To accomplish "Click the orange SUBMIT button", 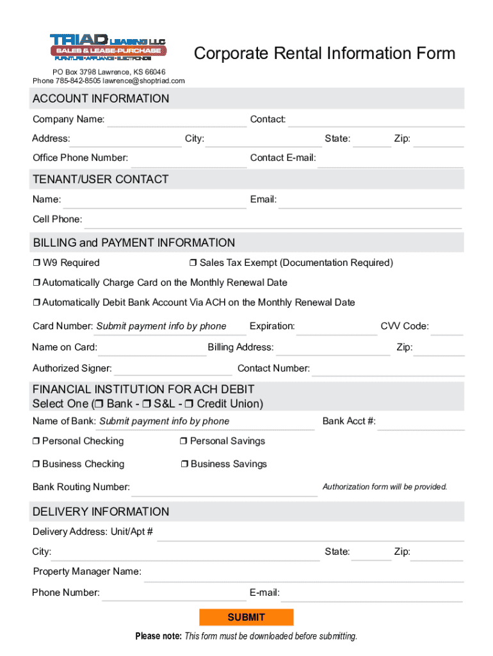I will pyautogui.click(x=247, y=617).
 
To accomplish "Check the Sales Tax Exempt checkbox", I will pyautogui.click(x=193, y=263).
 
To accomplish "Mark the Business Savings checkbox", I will pyautogui.click(x=184, y=464).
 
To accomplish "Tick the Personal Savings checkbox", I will pyautogui.click(x=184, y=441).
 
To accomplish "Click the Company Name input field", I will pyautogui.click(x=176, y=120).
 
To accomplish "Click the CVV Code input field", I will pyautogui.click(x=447, y=327).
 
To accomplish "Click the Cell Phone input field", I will pyautogui.click(x=273, y=220).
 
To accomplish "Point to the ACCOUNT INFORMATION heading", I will pyautogui.click(x=101, y=99).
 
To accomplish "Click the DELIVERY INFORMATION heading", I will pyautogui.click(x=101, y=511).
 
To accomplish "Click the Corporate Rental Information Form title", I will pyautogui.click(x=325, y=53).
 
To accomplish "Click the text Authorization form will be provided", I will pyautogui.click(x=385, y=487).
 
